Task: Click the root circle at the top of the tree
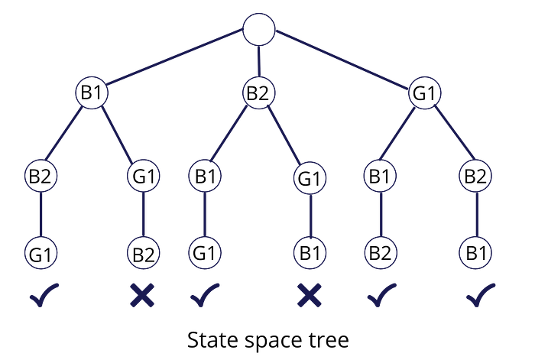click(x=258, y=30)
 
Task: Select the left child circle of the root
click(x=91, y=92)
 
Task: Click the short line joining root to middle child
click(x=259, y=61)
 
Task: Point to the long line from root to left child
click(x=174, y=61)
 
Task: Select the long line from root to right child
click(x=342, y=61)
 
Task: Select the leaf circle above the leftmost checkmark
click(x=41, y=252)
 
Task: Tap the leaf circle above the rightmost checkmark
click(x=475, y=252)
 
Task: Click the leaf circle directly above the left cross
click(x=144, y=252)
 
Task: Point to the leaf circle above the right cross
click(x=310, y=252)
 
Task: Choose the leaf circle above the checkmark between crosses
click(x=205, y=252)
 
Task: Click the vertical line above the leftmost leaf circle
click(x=41, y=214)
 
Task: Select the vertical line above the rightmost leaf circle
click(x=475, y=214)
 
